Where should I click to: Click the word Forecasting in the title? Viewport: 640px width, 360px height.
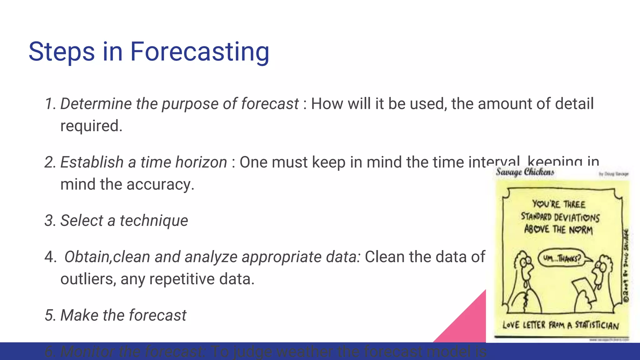199,52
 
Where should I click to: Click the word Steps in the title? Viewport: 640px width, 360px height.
62,52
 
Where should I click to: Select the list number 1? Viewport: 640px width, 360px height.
50,104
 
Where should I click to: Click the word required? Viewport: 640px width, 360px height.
91,126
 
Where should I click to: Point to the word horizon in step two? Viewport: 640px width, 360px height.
201,162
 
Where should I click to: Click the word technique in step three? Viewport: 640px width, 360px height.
154,221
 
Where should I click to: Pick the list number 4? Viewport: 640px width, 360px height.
50,257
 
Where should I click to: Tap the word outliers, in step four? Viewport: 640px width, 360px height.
88,279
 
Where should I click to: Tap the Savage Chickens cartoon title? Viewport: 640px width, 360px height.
525,172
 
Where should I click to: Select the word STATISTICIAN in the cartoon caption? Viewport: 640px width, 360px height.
597,325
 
